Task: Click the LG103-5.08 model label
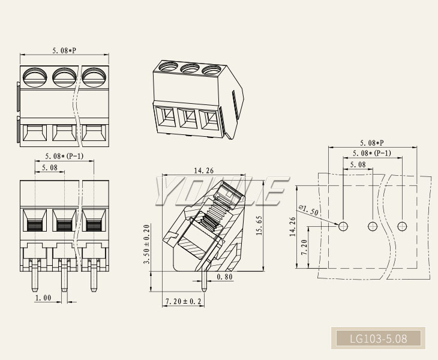point(378,339)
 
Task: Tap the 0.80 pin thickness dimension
point(225,277)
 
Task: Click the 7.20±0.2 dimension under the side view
point(183,301)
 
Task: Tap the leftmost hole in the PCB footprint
point(343,226)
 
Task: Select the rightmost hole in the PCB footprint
point(401,226)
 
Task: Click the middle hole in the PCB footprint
point(373,226)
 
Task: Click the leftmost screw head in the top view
point(35,76)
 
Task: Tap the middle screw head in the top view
point(64,76)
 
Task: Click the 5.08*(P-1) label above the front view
point(64,157)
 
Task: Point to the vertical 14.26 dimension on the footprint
point(293,228)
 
